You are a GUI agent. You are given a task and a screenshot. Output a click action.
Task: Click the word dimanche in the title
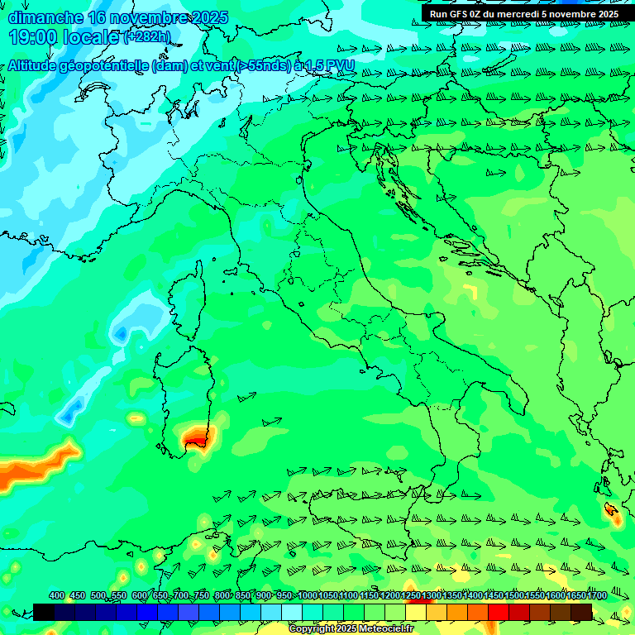45,17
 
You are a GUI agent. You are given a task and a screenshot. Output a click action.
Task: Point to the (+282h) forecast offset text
146,36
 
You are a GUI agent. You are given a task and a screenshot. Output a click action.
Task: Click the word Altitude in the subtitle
38,66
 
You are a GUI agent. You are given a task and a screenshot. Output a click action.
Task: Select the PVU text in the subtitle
341,65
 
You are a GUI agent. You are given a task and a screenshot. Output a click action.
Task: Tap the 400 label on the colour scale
57,595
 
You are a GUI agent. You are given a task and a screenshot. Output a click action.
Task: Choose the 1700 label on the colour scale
597,595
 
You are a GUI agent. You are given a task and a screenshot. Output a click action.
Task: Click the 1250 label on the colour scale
411,595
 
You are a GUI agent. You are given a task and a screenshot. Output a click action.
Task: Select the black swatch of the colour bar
43,611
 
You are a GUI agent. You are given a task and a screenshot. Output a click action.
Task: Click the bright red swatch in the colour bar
498,611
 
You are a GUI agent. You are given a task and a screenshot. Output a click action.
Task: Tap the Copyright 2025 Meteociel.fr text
351,628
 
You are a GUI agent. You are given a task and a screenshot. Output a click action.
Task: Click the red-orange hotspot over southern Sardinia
196,437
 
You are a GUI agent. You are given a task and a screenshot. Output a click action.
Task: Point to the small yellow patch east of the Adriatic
470,289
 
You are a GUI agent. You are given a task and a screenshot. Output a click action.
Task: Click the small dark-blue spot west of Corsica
121,334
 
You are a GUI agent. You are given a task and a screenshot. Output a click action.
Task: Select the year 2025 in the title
210,17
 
